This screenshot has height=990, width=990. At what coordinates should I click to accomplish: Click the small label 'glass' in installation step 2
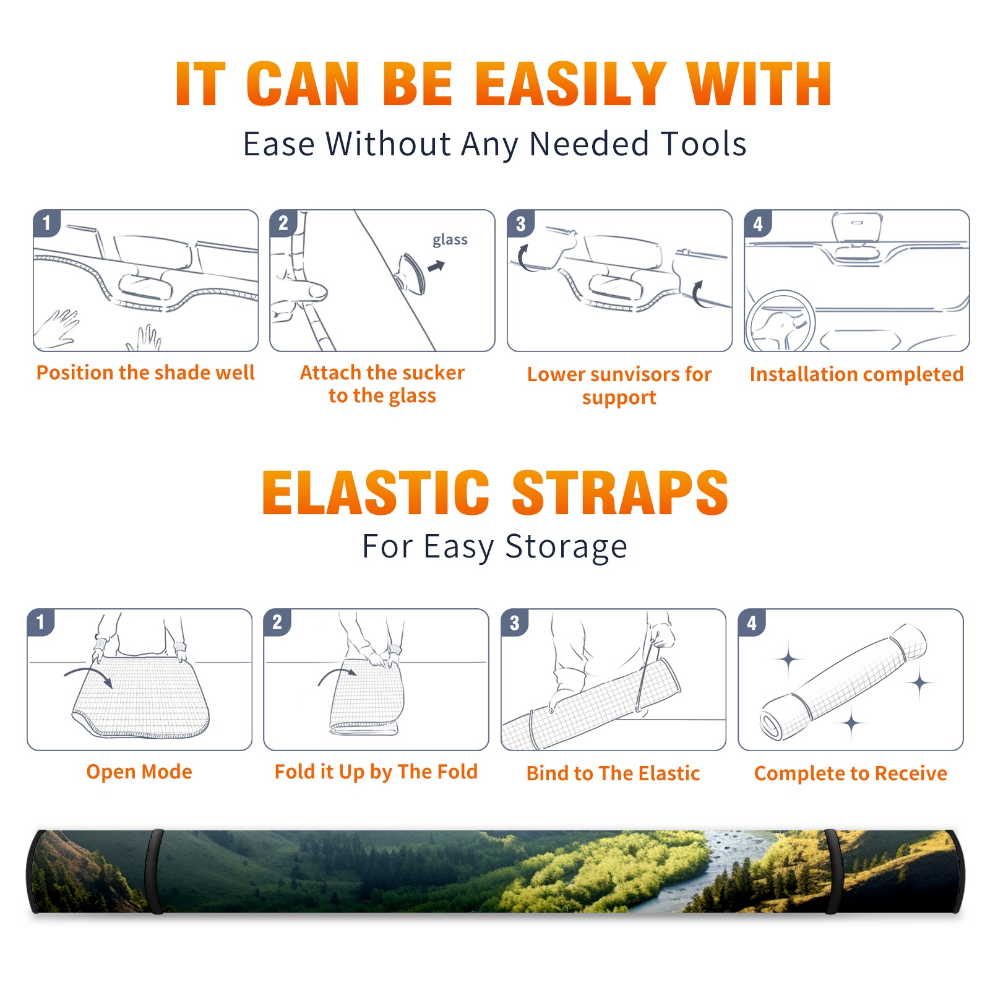pos(450,240)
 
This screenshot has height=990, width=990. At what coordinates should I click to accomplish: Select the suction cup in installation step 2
pos(411,273)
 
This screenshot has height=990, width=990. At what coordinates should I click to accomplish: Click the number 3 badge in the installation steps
pos(521,223)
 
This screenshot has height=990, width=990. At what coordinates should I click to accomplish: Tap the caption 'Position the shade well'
pos(145,372)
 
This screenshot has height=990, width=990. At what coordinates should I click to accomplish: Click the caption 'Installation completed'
pos(856,374)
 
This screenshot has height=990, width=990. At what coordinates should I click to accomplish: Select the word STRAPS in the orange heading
pos(620,493)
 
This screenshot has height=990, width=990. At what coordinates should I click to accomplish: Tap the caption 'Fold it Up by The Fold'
pos(376,772)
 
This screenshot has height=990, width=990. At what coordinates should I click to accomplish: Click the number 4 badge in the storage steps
pos(752,622)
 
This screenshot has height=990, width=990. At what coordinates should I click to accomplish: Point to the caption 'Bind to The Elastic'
pos(613,773)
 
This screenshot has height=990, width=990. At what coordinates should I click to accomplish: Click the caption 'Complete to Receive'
pos(851,773)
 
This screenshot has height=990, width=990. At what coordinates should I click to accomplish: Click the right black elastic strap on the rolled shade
pos(832,871)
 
